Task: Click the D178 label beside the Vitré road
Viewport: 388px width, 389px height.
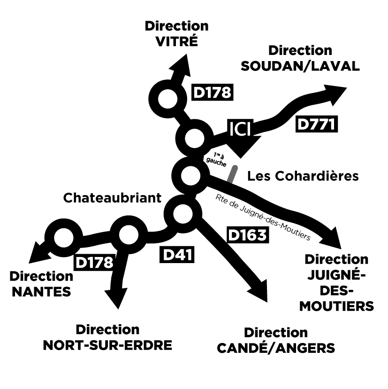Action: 213,93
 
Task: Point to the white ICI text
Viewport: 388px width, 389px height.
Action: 241,128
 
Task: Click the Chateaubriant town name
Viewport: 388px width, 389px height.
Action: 112,198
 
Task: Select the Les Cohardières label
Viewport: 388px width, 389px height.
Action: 303,176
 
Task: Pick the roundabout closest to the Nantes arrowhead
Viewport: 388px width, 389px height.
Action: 62,238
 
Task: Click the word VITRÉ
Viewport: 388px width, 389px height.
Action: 177,41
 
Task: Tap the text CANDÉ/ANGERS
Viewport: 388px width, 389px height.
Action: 276,348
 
